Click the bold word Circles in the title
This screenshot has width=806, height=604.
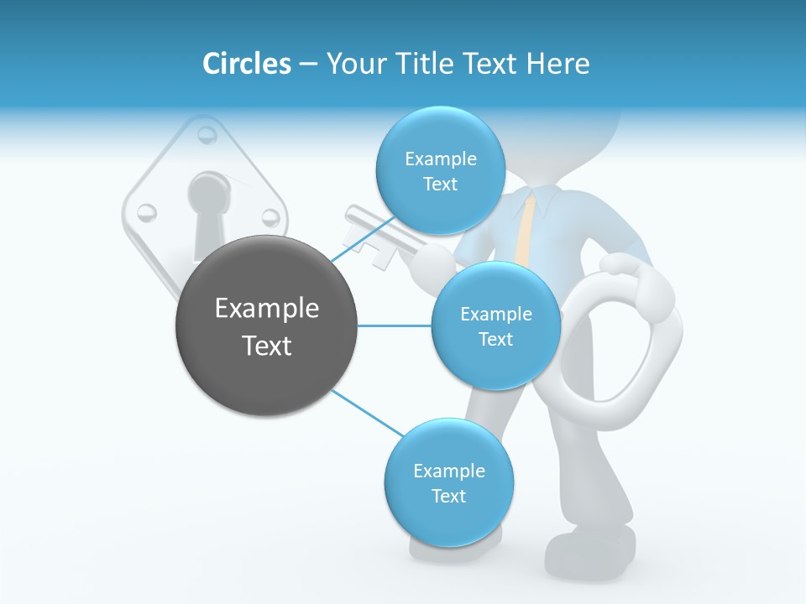[246, 64]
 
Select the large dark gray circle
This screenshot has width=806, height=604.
[266, 325]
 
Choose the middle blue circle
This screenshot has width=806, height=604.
[495, 325]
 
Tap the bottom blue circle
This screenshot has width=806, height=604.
[448, 482]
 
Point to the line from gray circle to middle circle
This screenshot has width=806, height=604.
[395, 325]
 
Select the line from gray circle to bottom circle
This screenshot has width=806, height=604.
[367, 413]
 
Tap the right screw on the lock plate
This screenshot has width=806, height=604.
[270, 218]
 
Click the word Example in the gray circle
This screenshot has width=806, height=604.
[266, 309]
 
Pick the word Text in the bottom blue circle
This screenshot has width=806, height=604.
[448, 496]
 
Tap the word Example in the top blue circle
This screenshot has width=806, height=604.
[440, 159]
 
